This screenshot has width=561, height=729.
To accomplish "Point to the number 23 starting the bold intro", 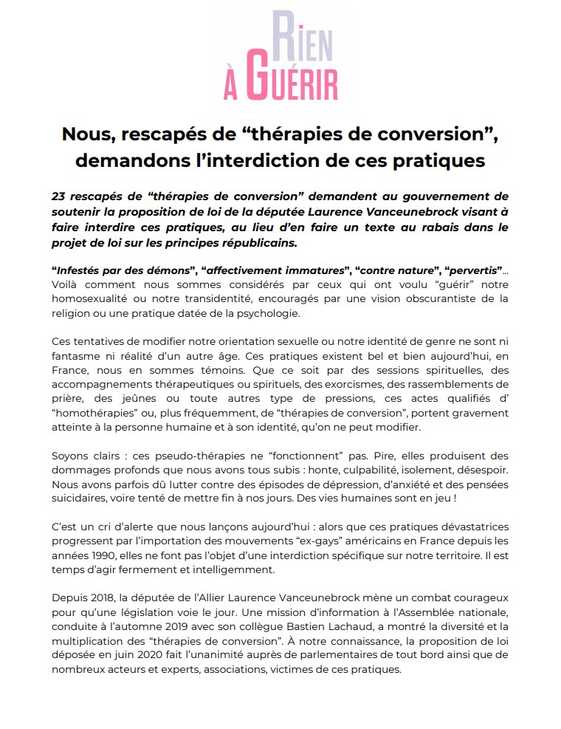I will tap(60, 196).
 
